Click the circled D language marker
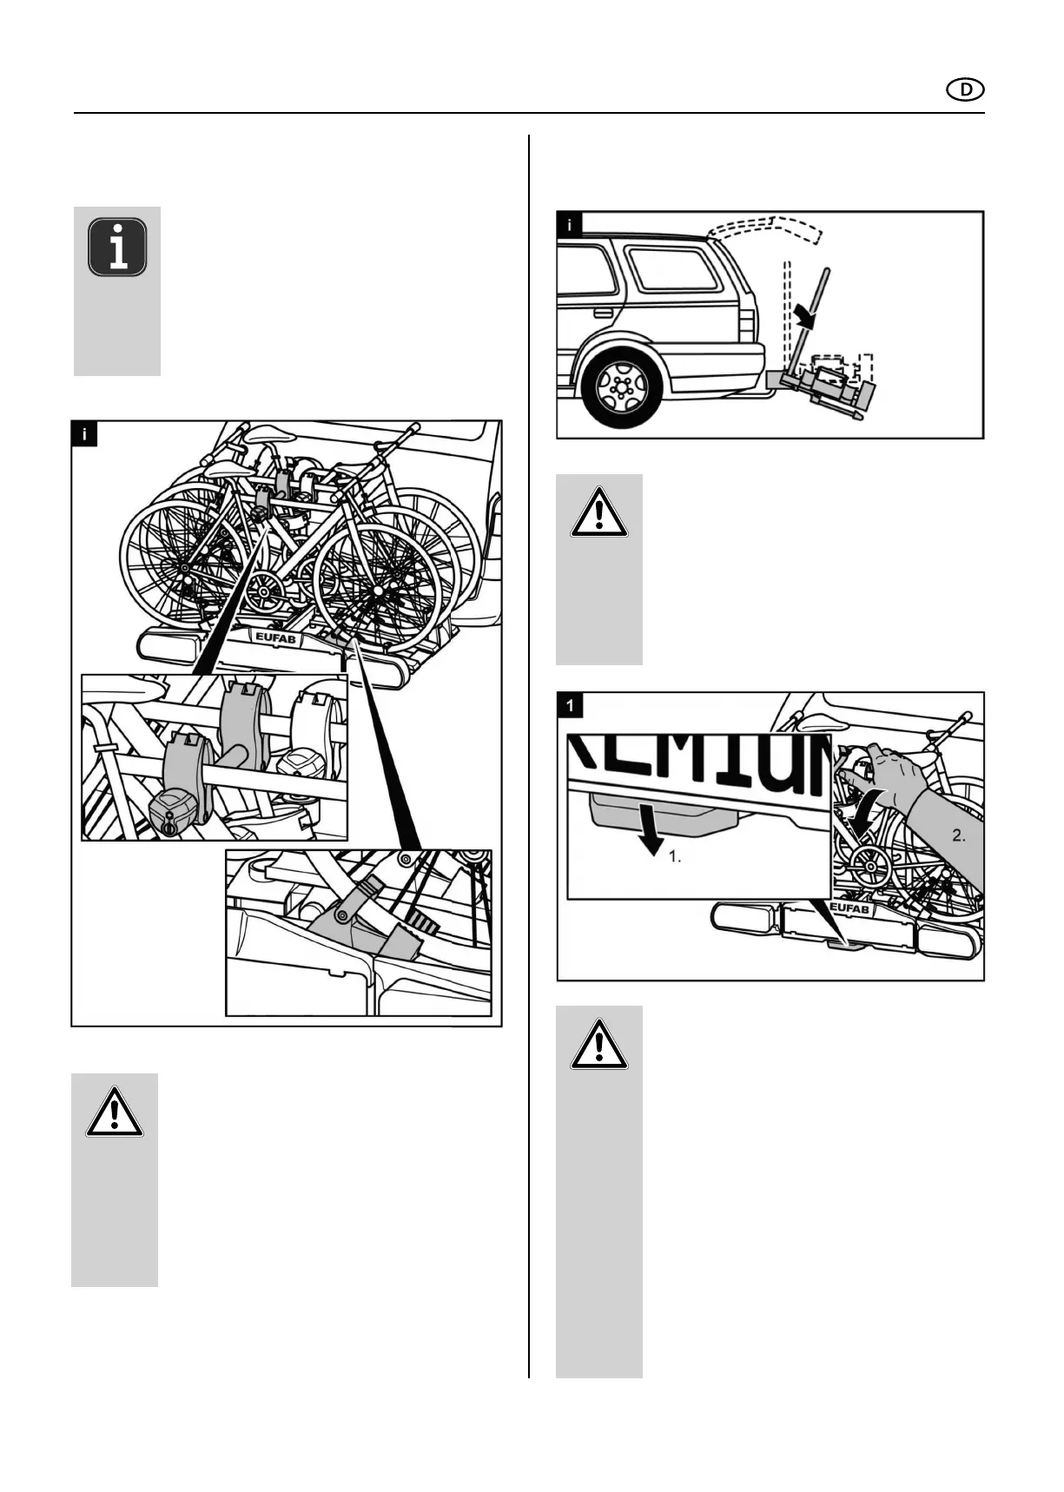[965, 89]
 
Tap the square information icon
[117, 248]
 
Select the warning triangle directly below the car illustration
[598, 513]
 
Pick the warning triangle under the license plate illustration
[598, 1046]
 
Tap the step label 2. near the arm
[959, 836]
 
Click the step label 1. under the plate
[675, 856]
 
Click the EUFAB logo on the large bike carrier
[275, 638]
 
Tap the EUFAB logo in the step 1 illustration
[849, 909]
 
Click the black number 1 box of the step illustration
[570, 705]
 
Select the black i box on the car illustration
[570, 225]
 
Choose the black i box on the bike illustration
[84, 433]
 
